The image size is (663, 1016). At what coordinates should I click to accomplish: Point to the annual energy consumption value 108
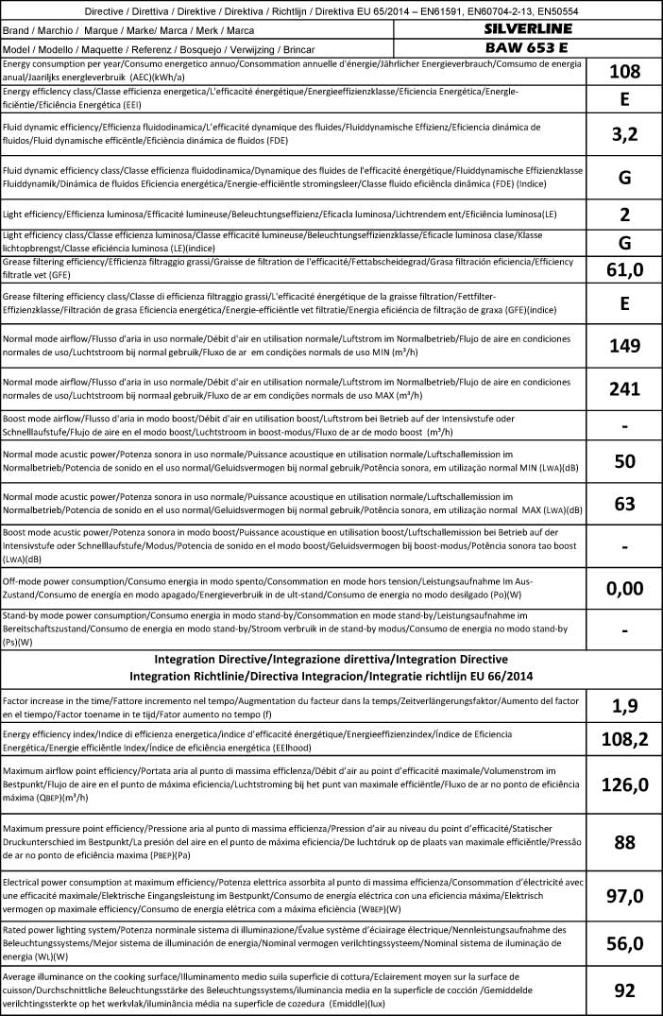pos(624,71)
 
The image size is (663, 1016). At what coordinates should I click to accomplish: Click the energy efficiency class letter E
pos(624,99)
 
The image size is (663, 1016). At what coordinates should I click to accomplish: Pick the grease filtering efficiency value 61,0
pos(624,270)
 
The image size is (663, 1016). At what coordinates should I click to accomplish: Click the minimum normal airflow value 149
pos(624,346)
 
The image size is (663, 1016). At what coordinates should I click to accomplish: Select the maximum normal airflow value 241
pos(624,388)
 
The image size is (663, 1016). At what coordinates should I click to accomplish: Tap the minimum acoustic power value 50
pos(624,461)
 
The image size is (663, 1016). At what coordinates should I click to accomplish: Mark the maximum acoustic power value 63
pos(624,504)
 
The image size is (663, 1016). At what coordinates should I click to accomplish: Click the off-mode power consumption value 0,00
pos(624,588)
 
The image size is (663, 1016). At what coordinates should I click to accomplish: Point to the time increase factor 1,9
pos(624,704)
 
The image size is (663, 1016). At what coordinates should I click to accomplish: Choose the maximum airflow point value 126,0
pos(624,784)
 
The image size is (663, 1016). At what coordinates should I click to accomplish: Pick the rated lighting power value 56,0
pos(624,943)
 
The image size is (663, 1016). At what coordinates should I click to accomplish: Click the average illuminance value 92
pos(624,990)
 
